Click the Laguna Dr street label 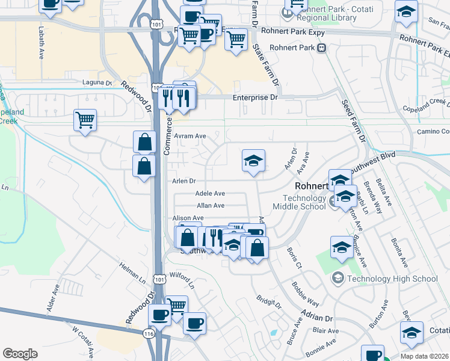click(x=100, y=82)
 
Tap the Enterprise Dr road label click(x=256, y=97)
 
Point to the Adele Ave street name click(x=210, y=193)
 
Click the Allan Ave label click(x=211, y=205)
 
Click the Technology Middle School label click(x=307, y=202)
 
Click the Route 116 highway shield click(x=149, y=333)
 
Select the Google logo click(x=20, y=354)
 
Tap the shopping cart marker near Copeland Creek click(x=85, y=119)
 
